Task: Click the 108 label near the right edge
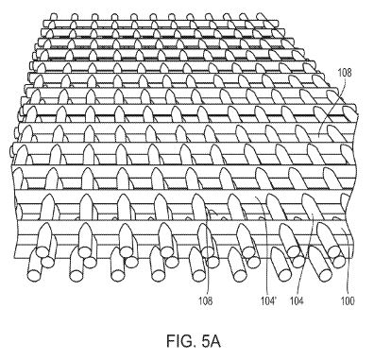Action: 345,73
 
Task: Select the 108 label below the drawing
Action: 205,300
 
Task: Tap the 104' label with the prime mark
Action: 268,301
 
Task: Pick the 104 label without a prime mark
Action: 297,301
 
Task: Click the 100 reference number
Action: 348,301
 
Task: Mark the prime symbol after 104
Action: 275,299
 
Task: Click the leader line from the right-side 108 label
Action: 333,107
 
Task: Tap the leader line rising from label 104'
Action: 263,246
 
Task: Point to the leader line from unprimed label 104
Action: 305,254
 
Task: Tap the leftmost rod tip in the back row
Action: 54,16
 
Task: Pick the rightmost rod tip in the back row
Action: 261,16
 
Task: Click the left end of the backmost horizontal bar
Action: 43,24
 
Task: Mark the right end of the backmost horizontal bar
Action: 278,24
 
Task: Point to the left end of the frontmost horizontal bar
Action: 16,239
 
